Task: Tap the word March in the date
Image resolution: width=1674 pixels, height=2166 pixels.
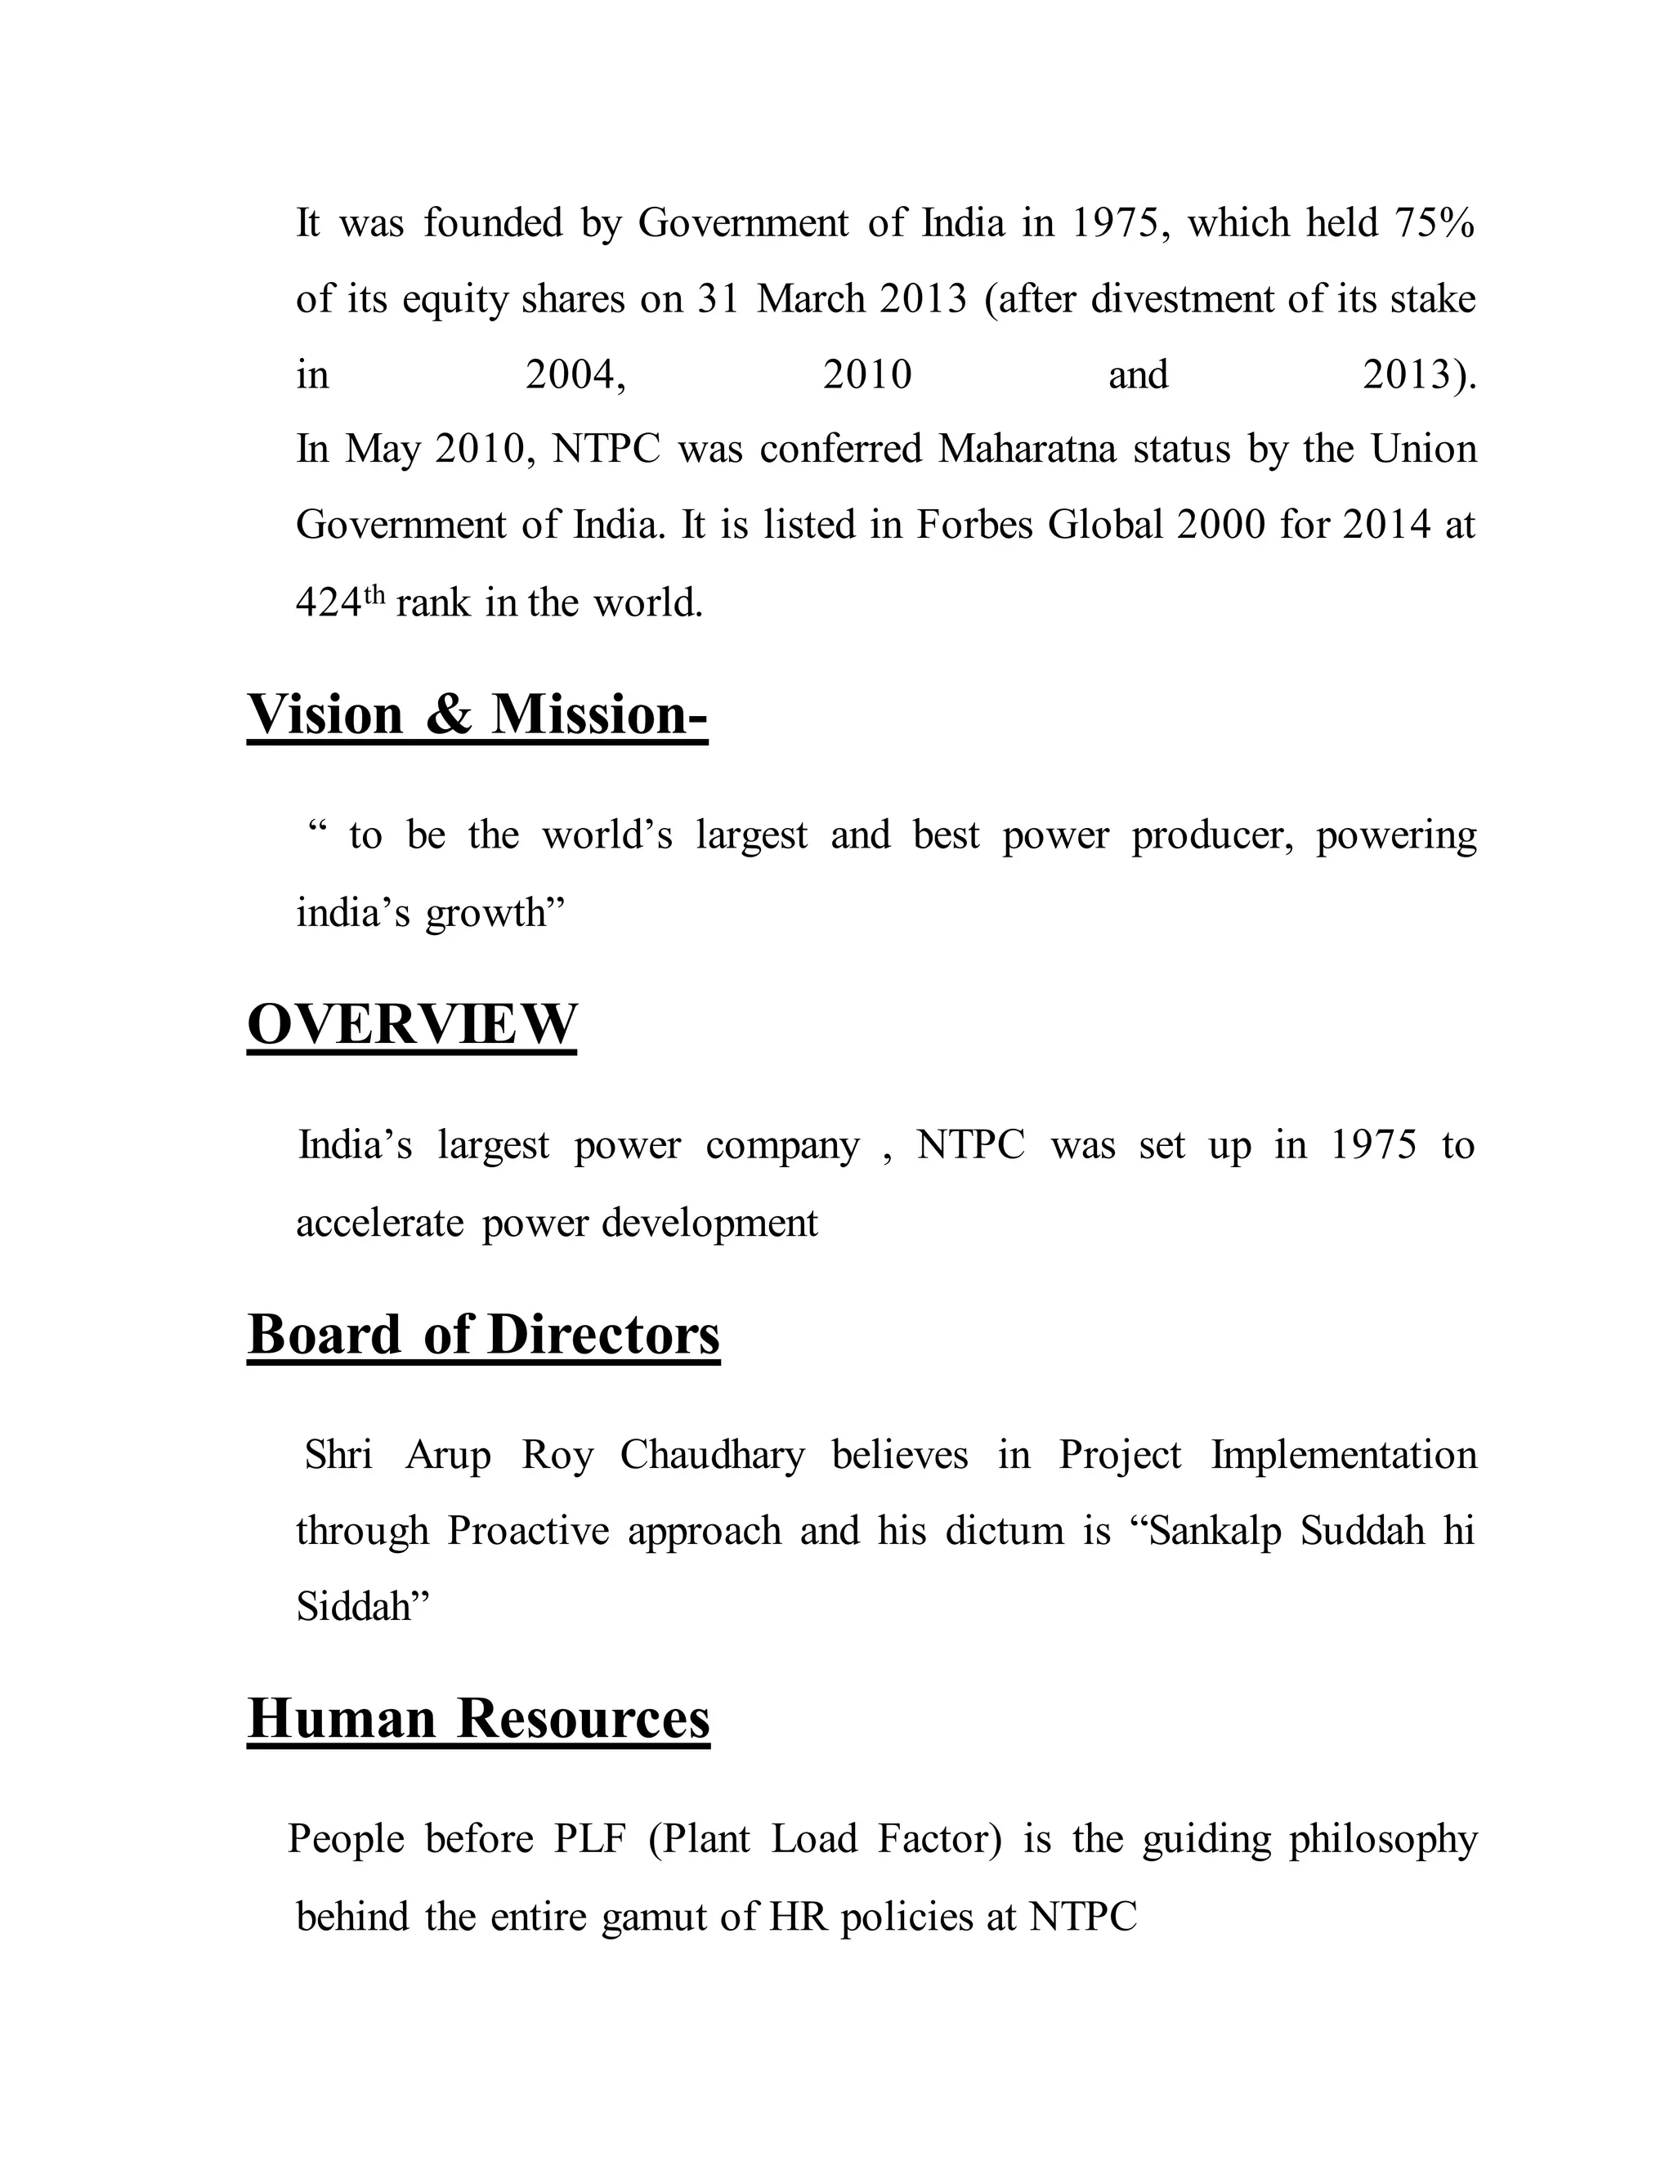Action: click(810, 298)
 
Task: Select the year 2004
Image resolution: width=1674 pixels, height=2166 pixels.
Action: click(575, 375)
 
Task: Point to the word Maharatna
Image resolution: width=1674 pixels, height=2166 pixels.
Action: click(1027, 450)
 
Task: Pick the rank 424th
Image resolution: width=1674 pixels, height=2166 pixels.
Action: click(338, 601)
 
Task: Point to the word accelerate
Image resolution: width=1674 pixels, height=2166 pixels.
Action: click(380, 1223)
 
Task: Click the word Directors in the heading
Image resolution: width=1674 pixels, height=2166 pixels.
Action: click(604, 1335)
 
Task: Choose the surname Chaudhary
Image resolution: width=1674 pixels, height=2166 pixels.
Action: click(712, 1456)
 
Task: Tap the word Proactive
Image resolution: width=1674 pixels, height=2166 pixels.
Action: click(527, 1531)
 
